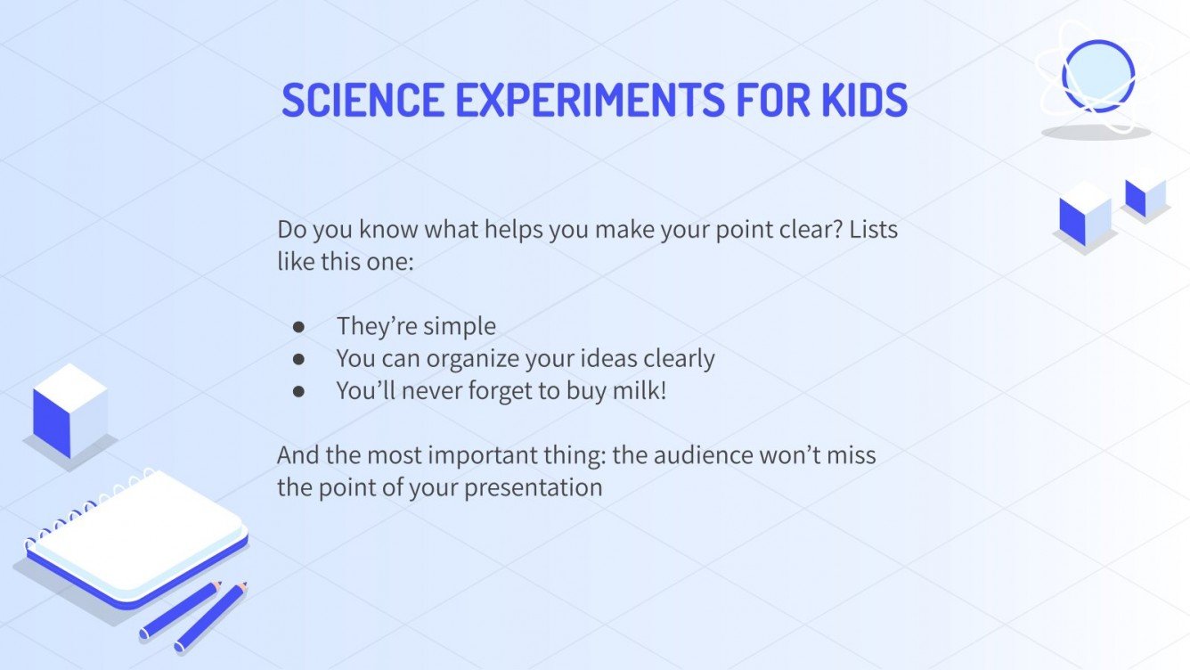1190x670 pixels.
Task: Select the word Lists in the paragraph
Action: pyautogui.click(x=873, y=230)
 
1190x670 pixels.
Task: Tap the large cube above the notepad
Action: pyautogui.click(x=70, y=410)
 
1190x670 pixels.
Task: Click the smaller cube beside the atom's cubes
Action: pyautogui.click(x=1145, y=195)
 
